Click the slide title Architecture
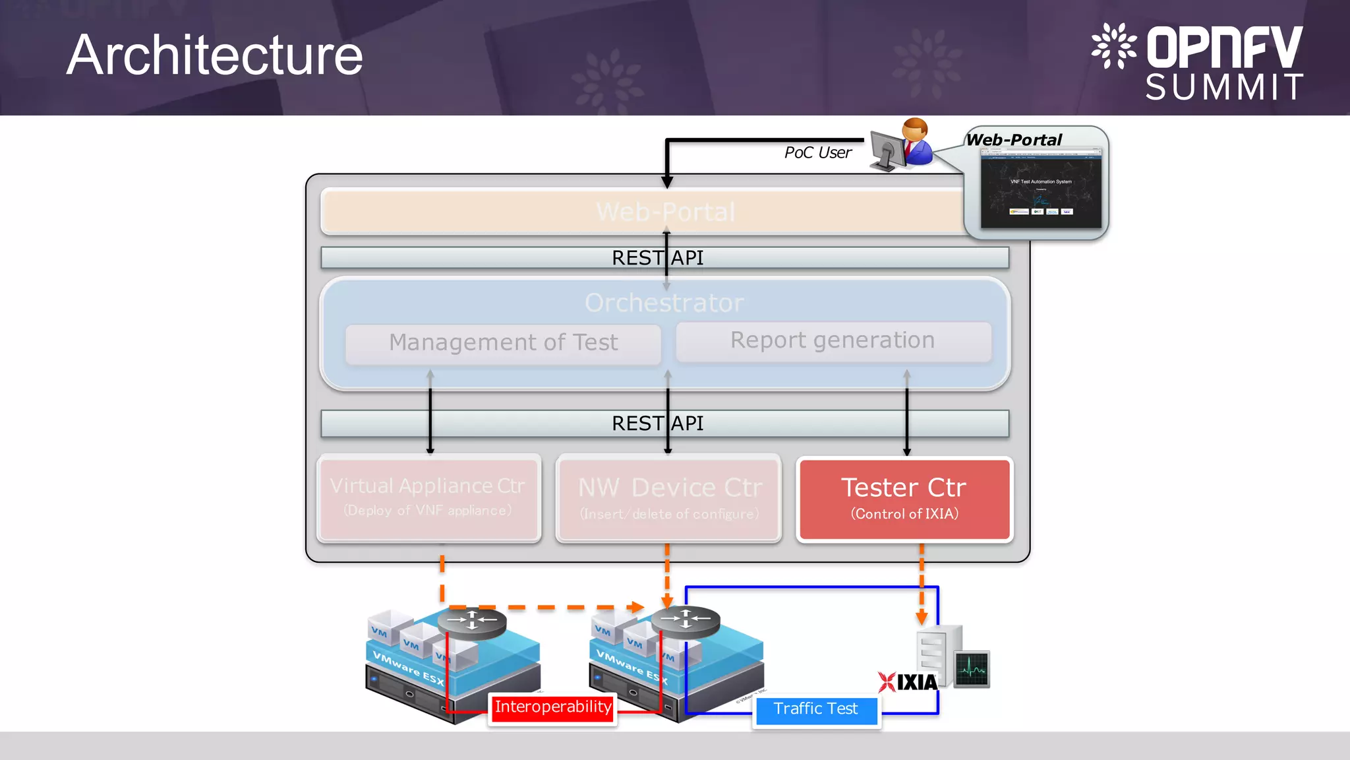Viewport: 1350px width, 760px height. [x=215, y=55]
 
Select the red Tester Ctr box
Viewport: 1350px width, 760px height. [x=904, y=499]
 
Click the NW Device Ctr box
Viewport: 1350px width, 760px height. [x=669, y=498]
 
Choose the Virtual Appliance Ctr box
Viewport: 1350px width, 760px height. [x=428, y=498]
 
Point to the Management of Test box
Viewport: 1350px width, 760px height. [x=503, y=343]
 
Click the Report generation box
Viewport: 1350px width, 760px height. [x=833, y=341]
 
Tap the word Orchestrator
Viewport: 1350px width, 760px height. [x=664, y=303]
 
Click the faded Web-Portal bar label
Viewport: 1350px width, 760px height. [x=664, y=212]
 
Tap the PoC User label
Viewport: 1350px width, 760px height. [x=817, y=153]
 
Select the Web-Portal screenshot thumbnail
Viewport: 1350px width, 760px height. [x=1040, y=189]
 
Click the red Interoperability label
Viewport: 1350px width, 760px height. [x=553, y=708]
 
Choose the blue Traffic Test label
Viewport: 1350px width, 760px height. [x=815, y=709]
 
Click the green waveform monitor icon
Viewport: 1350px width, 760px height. [x=972, y=669]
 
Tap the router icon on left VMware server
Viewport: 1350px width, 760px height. [x=472, y=621]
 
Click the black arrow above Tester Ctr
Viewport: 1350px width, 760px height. [x=907, y=416]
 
